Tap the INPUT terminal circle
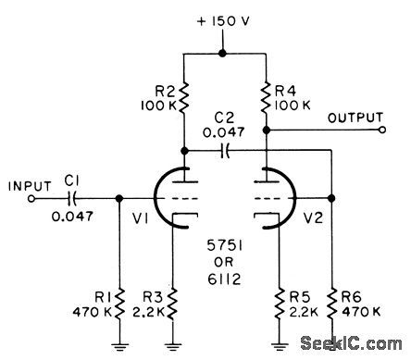(x=32, y=197)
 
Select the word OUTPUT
(x=355, y=118)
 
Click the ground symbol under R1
(x=119, y=347)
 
